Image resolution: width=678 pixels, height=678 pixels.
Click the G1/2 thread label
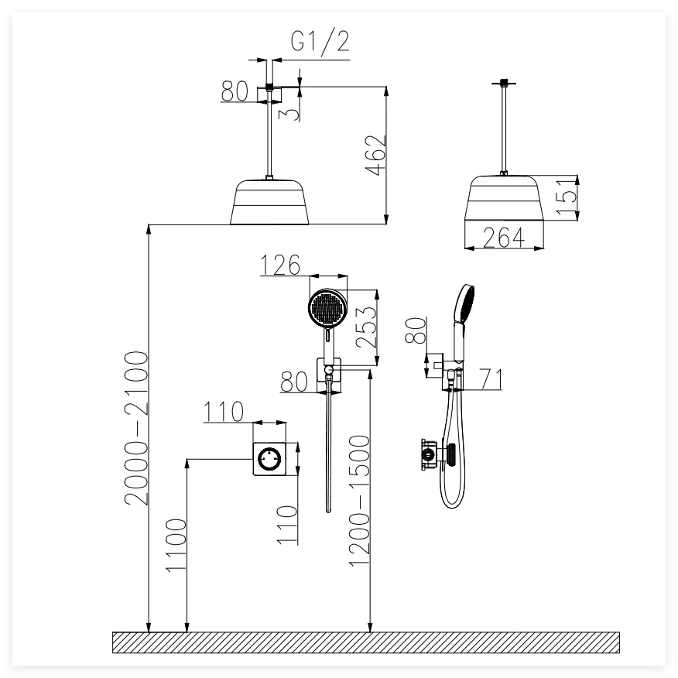coord(320,43)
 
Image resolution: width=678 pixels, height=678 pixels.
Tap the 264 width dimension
coord(503,238)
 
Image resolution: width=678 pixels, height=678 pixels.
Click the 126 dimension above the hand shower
coord(279,265)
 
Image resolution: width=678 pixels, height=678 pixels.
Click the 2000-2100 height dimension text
coord(136,427)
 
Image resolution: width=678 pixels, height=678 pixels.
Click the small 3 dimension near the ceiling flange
coord(287,113)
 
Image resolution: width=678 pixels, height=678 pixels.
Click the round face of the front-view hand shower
coord(327,309)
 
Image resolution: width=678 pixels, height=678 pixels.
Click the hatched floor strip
coord(366,642)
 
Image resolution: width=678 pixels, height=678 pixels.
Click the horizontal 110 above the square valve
coord(224,412)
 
